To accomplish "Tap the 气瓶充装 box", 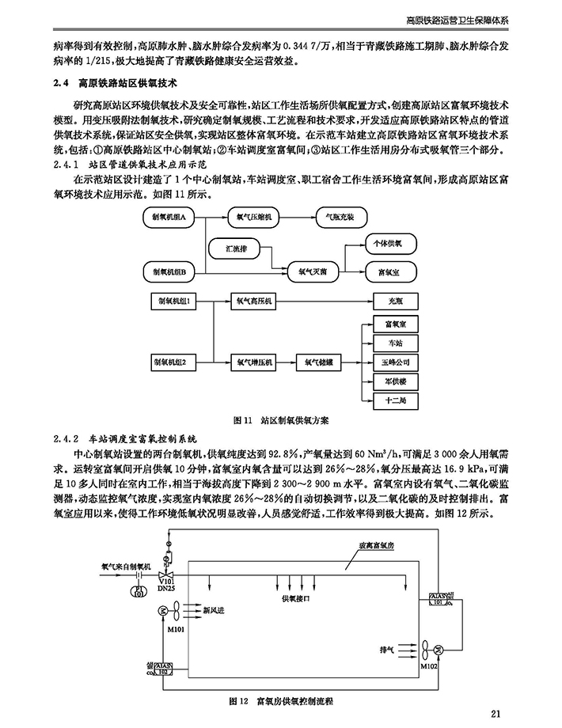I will point(340,215).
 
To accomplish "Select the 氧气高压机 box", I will point(254,301).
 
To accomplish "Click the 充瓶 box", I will point(395,301).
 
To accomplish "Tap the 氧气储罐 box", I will point(321,362).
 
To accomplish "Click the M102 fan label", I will point(429,666).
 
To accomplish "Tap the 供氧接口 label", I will point(294,599).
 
